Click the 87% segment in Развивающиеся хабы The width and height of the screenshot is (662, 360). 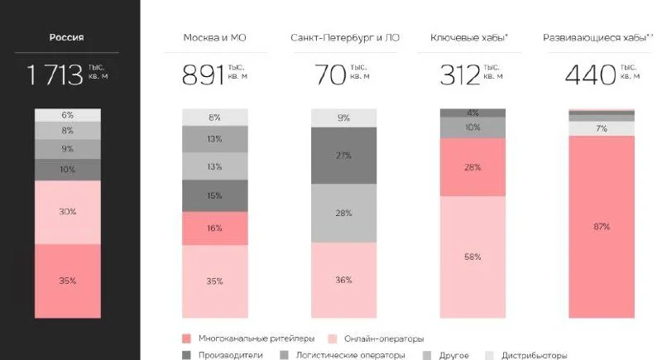(601, 226)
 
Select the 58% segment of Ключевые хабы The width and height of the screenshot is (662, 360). (473, 257)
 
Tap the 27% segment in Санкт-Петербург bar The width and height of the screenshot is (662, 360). (343, 156)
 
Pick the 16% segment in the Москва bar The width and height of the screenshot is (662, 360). (214, 228)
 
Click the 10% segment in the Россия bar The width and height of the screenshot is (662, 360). (67, 170)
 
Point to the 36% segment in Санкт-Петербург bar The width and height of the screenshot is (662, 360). (343, 280)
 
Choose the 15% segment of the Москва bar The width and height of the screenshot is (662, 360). (214, 195)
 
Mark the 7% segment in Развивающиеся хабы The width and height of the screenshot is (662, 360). (601, 128)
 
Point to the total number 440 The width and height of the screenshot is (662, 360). (589, 75)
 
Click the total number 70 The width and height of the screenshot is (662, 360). (329, 75)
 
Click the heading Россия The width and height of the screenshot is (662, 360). (67, 37)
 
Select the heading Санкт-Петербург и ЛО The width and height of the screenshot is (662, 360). (343, 38)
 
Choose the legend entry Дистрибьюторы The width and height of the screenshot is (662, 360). (535, 355)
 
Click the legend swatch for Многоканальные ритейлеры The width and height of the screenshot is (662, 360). (185, 338)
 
